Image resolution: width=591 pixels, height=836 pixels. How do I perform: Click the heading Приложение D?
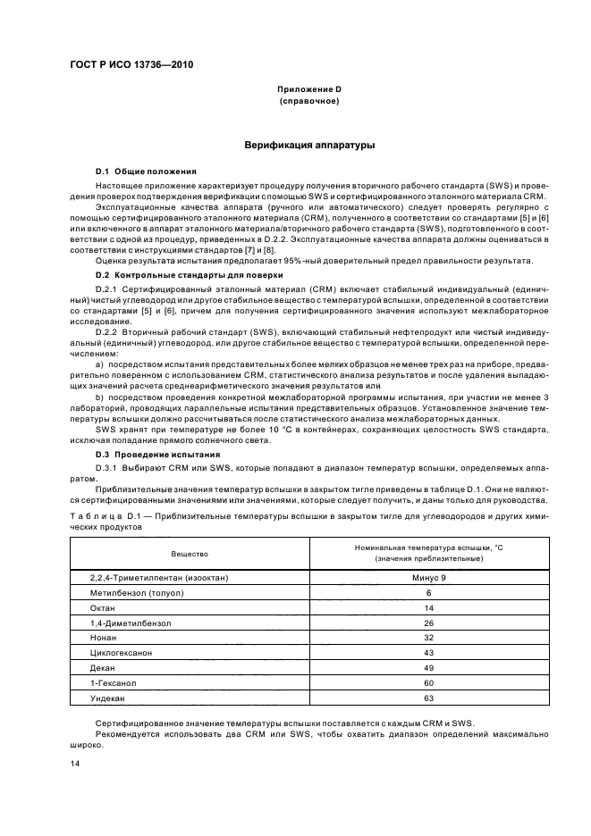309,90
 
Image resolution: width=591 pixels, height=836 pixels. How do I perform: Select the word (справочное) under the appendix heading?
309,102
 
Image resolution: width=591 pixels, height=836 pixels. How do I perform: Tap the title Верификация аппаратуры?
309,145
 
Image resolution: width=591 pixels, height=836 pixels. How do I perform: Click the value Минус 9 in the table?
428,578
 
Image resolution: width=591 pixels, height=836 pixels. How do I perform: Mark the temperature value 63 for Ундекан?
428,698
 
